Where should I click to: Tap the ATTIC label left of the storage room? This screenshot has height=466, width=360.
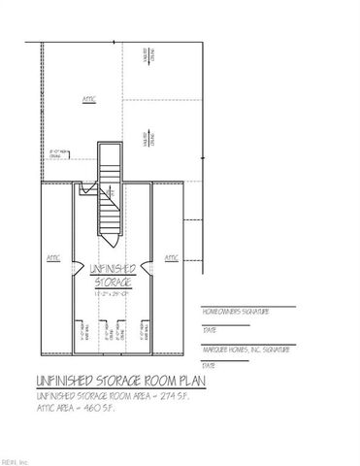point(55,257)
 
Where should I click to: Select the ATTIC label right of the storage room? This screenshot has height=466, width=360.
point(171,257)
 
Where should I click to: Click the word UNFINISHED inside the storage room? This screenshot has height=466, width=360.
point(114,267)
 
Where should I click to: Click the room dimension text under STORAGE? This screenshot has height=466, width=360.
point(114,292)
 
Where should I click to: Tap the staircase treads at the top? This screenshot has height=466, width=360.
point(109,160)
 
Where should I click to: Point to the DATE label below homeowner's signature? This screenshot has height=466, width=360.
point(209,328)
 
